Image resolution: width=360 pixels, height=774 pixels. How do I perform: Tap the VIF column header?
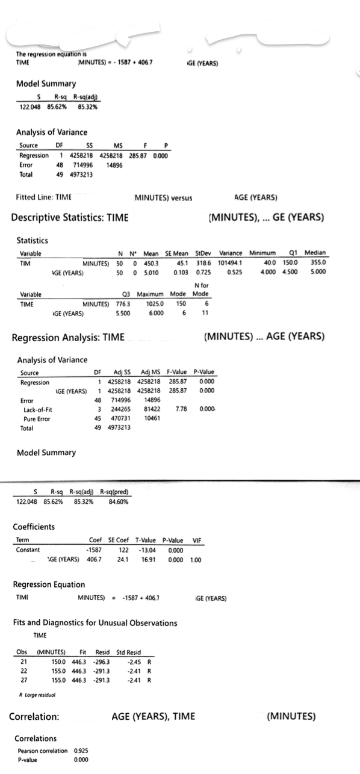tap(196, 540)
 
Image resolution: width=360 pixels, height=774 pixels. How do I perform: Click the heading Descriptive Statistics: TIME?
tap(69, 217)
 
